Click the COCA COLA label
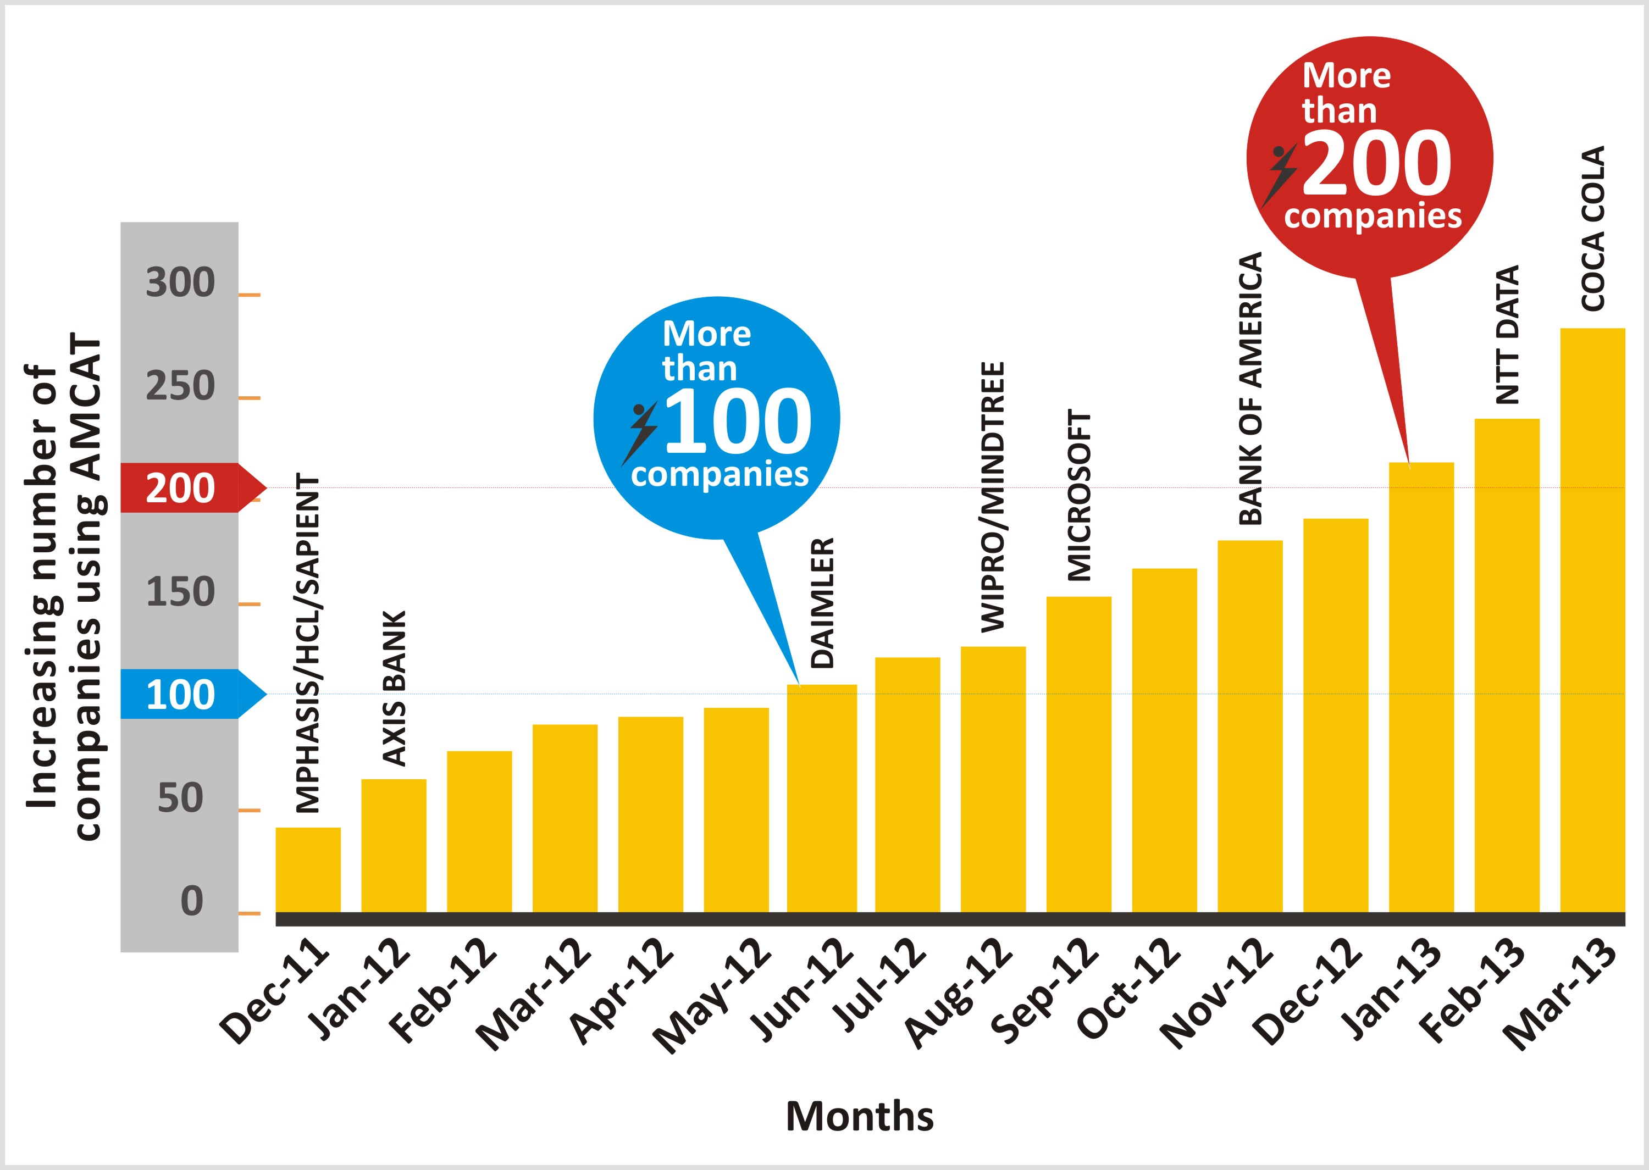point(1593,229)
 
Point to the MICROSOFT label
point(1079,496)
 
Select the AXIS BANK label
point(394,688)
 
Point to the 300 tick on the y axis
point(180,282)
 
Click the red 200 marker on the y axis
point(180,489)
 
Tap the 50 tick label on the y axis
point(180,799)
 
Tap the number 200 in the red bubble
point(1377,164)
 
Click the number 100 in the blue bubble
point(738,422)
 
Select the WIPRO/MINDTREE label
point(993,497)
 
